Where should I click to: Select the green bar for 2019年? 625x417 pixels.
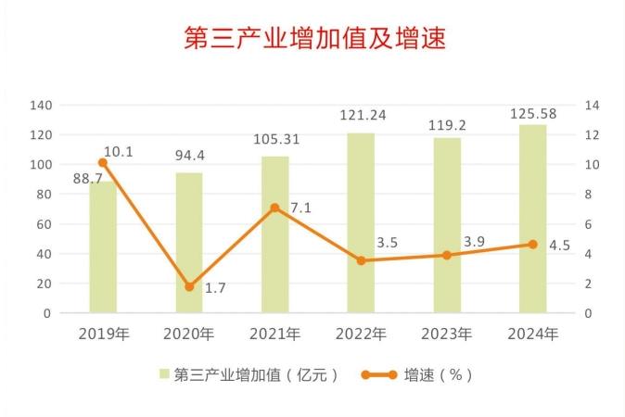(x=103, y=246)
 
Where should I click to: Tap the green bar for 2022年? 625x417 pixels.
(x=361, y=222)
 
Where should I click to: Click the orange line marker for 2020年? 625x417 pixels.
(x=189, y=287)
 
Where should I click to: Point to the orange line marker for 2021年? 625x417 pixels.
(x=274, y=208)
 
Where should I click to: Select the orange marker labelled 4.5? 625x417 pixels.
(x=532, y=245)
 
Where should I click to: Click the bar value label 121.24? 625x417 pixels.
(x=362, y=116)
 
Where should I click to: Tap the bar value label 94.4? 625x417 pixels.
(x=190, y=155)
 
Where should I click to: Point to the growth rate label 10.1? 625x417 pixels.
(x=119, y=151)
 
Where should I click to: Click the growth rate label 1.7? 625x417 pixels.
(x=215, y=288)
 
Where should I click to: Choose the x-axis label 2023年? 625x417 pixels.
(x=446, y=334)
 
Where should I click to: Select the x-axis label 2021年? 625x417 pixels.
(x=274, y=334)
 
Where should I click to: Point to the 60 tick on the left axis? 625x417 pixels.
(x=43, y=224)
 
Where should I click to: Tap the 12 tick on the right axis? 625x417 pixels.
(x=593, y=135)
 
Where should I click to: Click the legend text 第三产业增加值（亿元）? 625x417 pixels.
(x=256, y=374)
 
